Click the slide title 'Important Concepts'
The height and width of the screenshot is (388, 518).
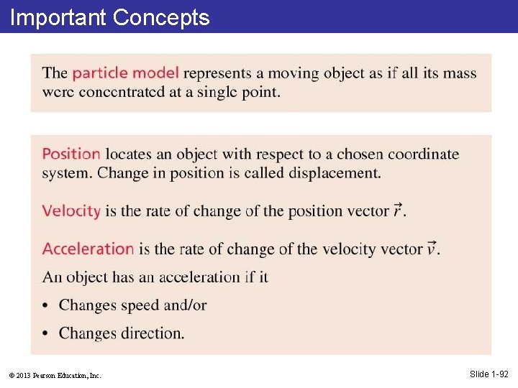click(109, 17)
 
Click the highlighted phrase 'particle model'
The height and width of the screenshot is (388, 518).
click(126, 73)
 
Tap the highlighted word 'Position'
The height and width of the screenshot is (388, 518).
click(71, 154)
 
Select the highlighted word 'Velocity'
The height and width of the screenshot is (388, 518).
click(71, 211)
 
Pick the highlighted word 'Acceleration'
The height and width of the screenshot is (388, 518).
click(88, 249)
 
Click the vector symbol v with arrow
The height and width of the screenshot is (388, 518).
click(432, 248)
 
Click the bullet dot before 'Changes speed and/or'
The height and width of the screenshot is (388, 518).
click(47, 306)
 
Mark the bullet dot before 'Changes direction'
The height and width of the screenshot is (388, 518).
click(47, 334)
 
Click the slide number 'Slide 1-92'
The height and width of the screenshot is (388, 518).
click(489, 374)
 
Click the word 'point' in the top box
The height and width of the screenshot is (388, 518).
click(259, 93)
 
